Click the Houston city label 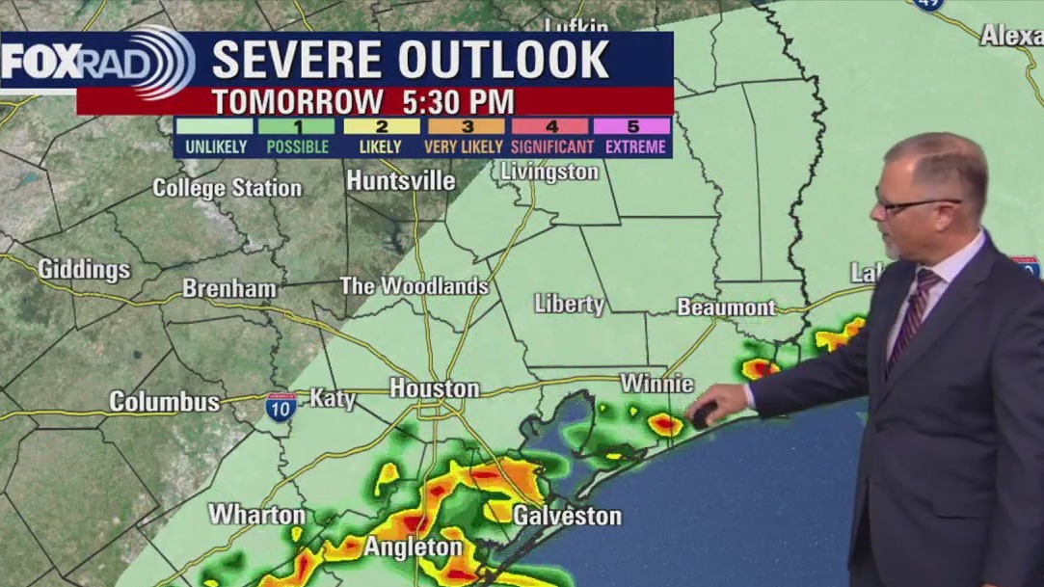434,388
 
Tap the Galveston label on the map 567,516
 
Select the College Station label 228,188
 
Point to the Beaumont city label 726,307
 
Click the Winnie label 656,384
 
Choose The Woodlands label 415,286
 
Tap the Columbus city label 164,401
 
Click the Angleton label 413,547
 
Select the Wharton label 256,515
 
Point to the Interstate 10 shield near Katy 281,407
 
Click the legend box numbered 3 466,126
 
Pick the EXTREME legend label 634,147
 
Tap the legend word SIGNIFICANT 551,147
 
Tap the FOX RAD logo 96,63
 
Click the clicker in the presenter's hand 702,414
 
